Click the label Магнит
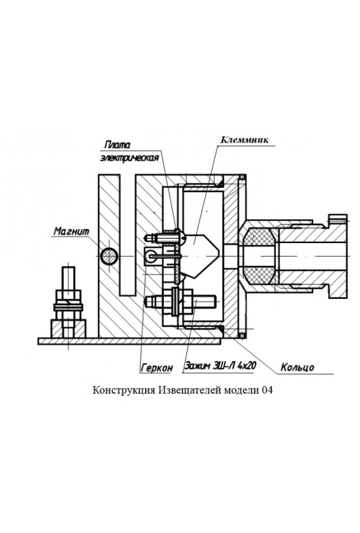click(x=71, y=230)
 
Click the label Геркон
click(x=157, y=367)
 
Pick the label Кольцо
click(x=298, y=367)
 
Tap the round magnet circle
click(x=109, y=256)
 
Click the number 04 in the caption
click(x=268, y=390)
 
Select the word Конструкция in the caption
click(x=124, y=390)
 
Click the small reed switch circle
click(x=151, y=256)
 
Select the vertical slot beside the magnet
click(x=128, y=234)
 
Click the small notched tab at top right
click(x=338, y=216)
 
